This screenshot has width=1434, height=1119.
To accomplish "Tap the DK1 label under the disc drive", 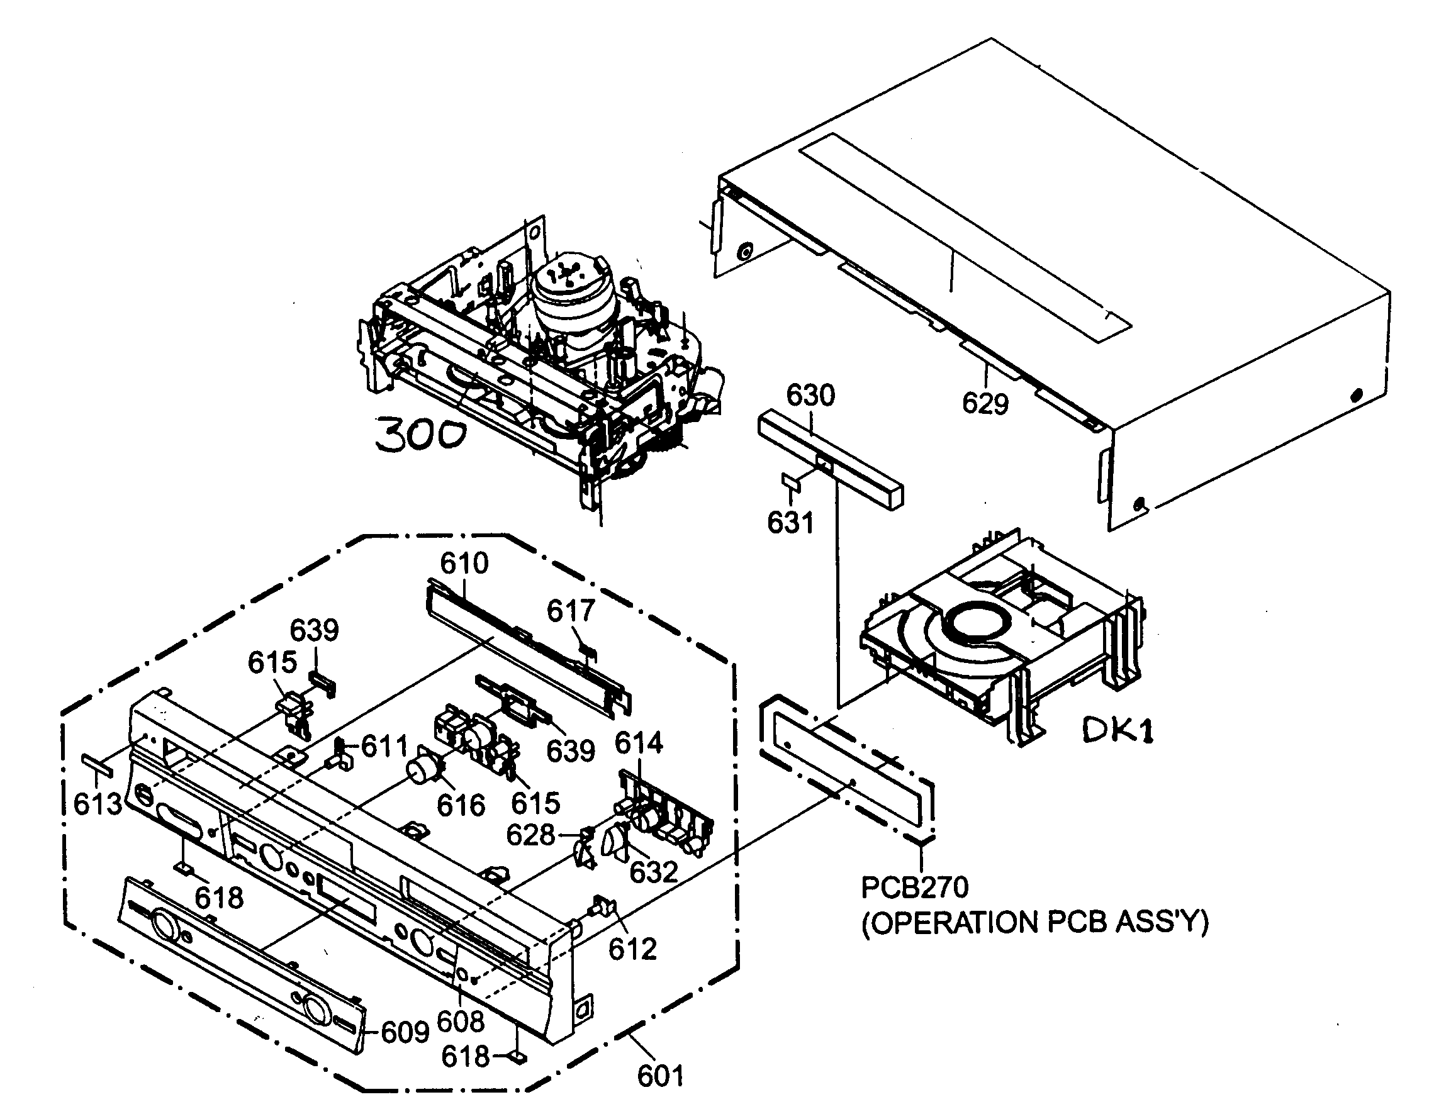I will tap(1117, 730).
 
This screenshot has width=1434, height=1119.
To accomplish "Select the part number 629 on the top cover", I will tap(985, 403).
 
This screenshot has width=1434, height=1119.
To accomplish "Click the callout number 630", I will tap(811, 395).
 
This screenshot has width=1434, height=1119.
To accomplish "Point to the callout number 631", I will tap(790, 523).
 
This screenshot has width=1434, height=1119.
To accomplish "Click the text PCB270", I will tap(915, 888).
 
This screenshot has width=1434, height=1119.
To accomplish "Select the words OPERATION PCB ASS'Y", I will tap(1035, 923).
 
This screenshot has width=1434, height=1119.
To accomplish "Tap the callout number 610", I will tap(464, 563).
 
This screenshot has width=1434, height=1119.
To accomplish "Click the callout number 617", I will tap(571, 611).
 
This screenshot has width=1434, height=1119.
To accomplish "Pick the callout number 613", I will tap(98, 804).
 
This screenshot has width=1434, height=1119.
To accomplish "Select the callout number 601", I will tap(661, 1076).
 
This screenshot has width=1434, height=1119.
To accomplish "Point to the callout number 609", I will tap(405, 1032).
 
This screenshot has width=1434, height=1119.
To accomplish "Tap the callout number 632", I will tap(653, 872).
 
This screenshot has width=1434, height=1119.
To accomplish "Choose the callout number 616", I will tap(461, 805).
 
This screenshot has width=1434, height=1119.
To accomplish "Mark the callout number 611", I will tap(384, 746).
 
